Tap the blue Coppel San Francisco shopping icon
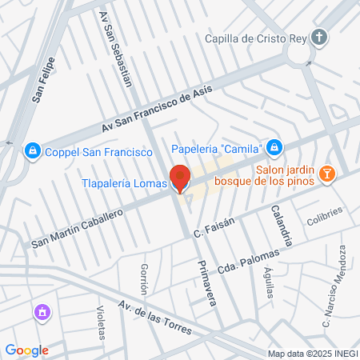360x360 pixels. coord(33,150)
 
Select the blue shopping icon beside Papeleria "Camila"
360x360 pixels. coord(274,147)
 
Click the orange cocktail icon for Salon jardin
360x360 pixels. coord(326,174)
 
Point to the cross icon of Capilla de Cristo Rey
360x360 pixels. coord(319,38)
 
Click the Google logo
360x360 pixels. coord(26,350)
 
